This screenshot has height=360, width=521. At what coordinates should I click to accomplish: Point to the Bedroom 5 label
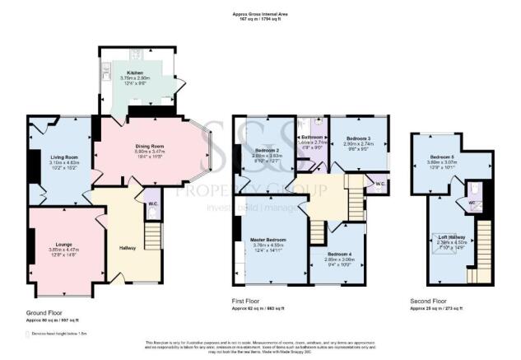(x=444, y=156)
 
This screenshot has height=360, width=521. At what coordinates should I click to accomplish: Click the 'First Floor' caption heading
(x=247, y=302)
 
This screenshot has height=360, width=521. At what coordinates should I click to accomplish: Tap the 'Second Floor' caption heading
(x=428, y=302)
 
